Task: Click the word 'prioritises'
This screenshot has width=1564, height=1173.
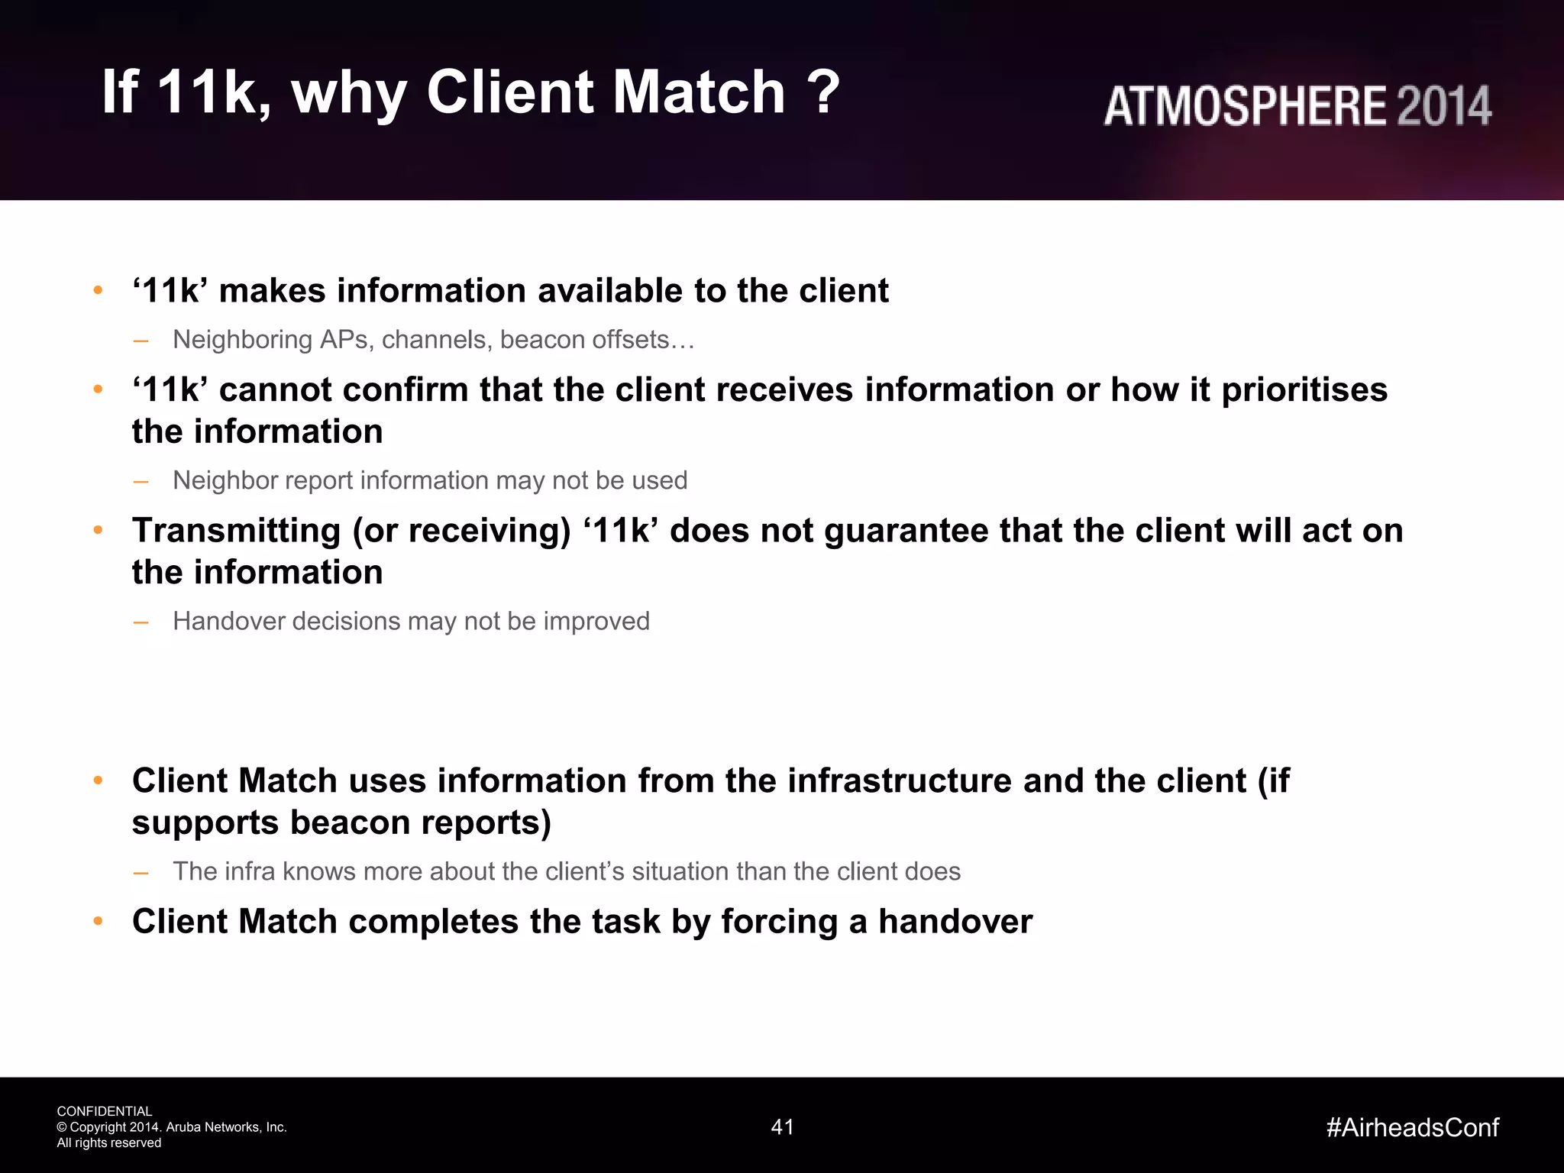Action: [x=1304, y=390]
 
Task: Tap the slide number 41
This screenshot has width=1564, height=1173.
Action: [x=782, y=1127]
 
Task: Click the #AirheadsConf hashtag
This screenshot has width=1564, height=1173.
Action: [x=1412, y=1127]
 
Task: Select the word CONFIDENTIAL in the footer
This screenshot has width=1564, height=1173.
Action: [x=105, y=1111]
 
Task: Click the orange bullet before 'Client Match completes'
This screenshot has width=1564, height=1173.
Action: [x=98, y=921]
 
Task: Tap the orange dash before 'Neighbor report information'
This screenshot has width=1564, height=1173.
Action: [x=141, y=481]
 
